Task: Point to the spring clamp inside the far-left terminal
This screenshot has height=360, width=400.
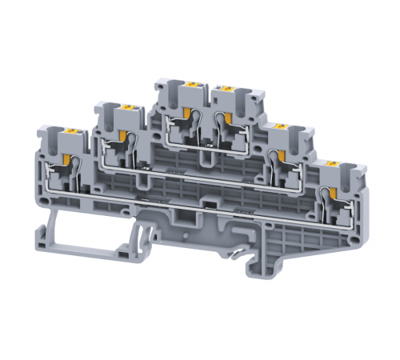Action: (x=74, y=170)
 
